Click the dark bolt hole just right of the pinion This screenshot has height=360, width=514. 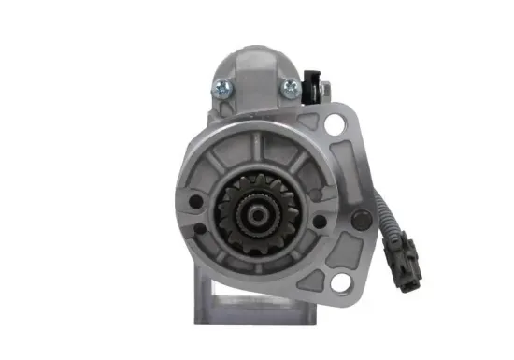[x=319, y=221]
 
